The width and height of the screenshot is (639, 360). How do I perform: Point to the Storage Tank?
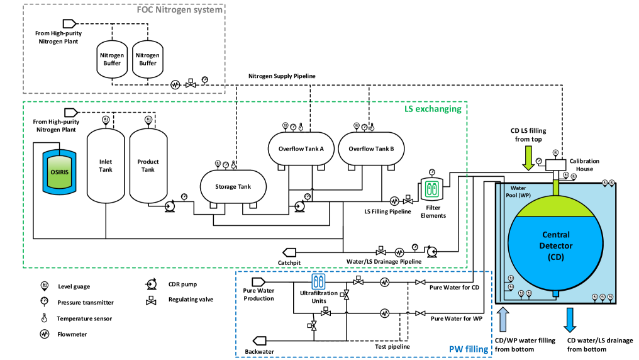point(233,186)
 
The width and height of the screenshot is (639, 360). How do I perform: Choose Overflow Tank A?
point(301,150)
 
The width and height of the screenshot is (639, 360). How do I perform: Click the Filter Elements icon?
point(431,189)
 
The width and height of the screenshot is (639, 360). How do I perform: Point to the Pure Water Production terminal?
point(258,281)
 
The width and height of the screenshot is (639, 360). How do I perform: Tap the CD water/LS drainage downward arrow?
point(570,319)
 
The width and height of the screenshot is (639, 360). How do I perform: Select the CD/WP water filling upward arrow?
point(503,318)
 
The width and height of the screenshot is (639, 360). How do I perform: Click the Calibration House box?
point(556,164)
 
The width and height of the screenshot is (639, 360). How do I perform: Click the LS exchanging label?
point(432,109)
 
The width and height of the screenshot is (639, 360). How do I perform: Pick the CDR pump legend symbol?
point(152,284)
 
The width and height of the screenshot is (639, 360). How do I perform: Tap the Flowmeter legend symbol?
point(45,334)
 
